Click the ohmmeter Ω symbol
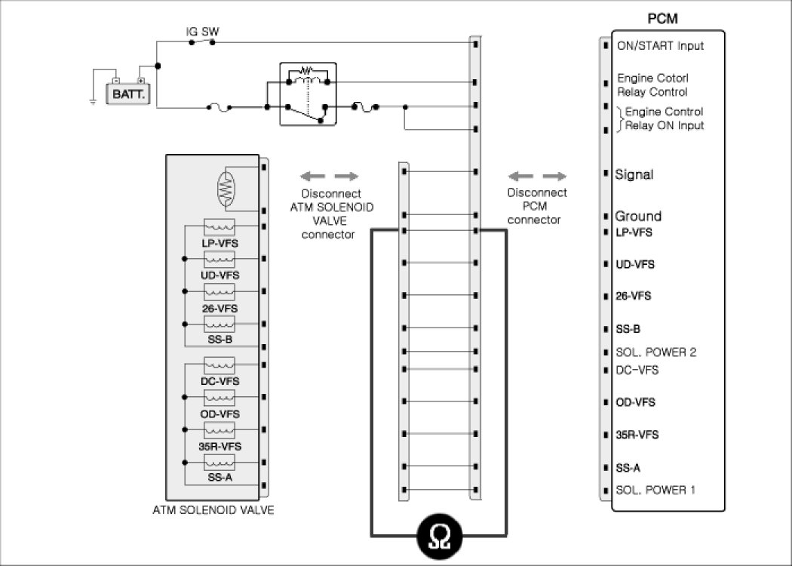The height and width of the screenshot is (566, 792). [x=440, y=537]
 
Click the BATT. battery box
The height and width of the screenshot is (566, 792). [x=128, y=94]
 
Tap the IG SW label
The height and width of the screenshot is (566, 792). [x=203, y=32]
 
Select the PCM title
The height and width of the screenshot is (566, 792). [x=662, y=19]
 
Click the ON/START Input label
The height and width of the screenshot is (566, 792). [x=660, y=45]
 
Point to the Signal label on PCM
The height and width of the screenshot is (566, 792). [x=634, y=174]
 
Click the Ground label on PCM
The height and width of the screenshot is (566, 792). [x=638, y=216]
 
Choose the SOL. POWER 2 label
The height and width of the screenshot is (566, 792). [x=655, y=352]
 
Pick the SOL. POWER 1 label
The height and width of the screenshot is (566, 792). [x=655, y=490]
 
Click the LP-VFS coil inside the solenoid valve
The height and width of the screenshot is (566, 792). [x=219, y=227]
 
